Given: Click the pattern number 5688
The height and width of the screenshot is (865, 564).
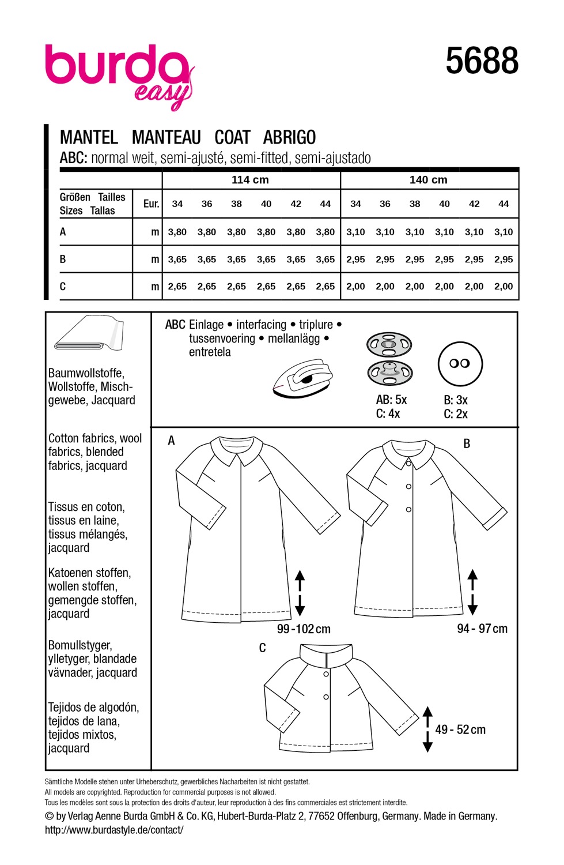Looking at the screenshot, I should point(482,61).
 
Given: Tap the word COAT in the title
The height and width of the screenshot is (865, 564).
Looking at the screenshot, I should point(232,137).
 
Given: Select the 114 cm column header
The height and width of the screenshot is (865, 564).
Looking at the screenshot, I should point(250,179).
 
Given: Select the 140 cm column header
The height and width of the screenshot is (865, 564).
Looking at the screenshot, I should point(428,179).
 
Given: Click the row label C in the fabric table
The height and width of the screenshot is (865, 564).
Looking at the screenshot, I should point(63,287).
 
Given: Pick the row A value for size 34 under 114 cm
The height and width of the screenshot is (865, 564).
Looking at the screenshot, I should point(177,232).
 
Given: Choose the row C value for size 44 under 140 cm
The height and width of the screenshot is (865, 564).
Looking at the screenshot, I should point(504,286).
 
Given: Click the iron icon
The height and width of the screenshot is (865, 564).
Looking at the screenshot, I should point(303,378).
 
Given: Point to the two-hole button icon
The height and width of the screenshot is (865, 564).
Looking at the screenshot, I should point(460,363).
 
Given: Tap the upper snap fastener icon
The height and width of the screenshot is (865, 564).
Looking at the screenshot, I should point(389,345).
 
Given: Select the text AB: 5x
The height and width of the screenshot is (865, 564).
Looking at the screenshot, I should point(391,400).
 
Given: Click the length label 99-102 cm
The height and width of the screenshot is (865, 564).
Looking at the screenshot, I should point(304,629).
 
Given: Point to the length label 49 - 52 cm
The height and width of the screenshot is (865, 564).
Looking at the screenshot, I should point(460,729).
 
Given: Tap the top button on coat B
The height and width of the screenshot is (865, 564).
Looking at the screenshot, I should point(408,463).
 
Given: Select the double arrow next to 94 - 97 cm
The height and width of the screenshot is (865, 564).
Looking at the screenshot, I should point(472,592).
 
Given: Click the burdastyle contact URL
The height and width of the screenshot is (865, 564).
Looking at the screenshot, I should point(114,830).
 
